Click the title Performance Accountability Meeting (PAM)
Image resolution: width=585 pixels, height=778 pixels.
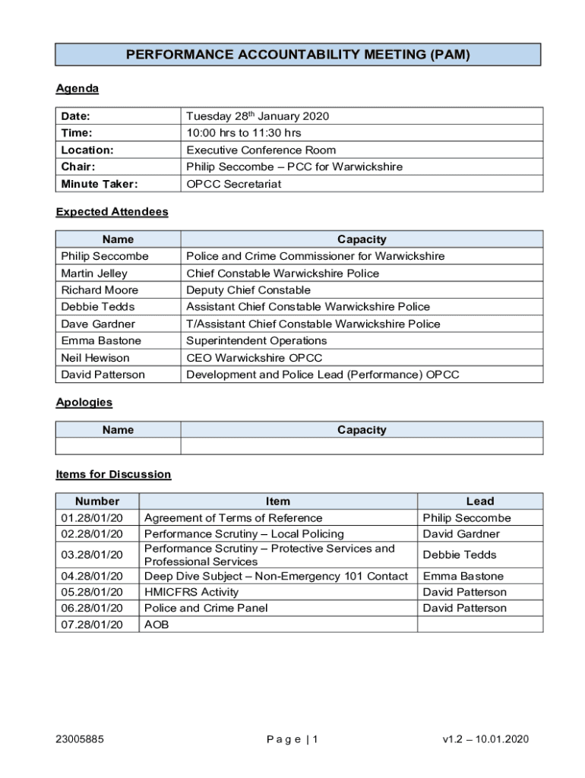[298, 55]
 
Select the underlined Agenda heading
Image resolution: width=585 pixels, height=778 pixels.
[77, 89]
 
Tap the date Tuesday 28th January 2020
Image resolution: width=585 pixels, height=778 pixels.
[258, 116]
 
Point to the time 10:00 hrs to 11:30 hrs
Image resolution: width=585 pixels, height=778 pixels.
[243, 133]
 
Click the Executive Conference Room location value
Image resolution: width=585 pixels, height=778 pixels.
[261, 150]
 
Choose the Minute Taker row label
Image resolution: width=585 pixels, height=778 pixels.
[100, 184]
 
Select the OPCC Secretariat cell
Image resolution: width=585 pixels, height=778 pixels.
[233, 184]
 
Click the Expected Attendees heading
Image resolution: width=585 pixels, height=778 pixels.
[112, 212]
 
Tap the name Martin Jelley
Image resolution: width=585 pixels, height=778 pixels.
[94, 274]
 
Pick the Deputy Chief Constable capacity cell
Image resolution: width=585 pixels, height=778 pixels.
[248, 290]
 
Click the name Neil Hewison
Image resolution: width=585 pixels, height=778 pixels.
[95, 358]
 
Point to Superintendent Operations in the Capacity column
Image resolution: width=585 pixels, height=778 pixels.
[256, 340]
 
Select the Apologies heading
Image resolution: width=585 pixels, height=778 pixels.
[84, 402]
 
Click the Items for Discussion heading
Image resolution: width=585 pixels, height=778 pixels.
[113, 474]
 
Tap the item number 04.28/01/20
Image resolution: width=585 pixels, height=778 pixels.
[91, 576]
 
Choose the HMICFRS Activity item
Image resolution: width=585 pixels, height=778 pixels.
[191, 592]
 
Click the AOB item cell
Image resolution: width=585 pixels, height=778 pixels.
[157, 625]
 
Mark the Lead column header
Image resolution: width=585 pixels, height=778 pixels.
[479, 501]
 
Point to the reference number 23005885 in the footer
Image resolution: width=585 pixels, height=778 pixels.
[80, 739]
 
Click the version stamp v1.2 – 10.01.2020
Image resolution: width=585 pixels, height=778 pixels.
[485, 739]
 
